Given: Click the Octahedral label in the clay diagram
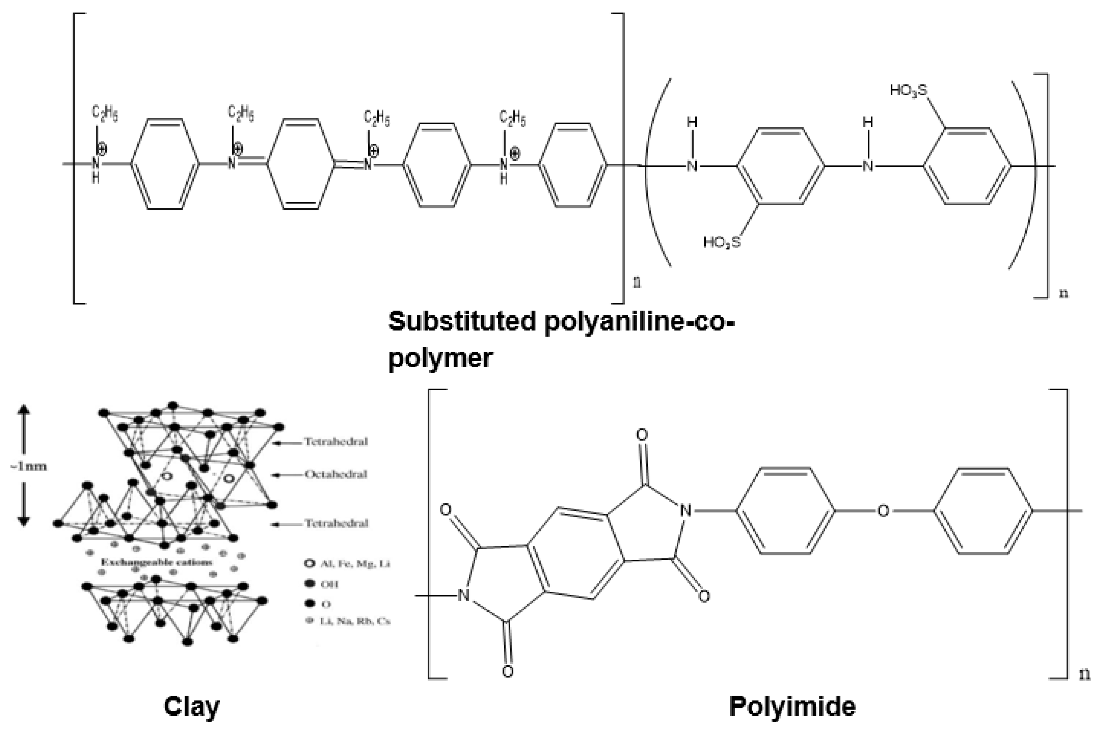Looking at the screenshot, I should pyautogui.click(x=336, y=474).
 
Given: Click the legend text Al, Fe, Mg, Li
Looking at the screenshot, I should pyautogui.click(x=355, y=563).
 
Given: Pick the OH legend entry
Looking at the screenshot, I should pyautogui.click(x=329, y=584).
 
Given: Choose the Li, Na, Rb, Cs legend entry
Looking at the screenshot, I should pyautogui.click(x=355, y=621).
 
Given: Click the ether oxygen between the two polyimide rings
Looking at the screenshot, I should pyautogui.click(x=883, y=511).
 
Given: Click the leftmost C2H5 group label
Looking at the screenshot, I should pyautogui.click(x=105, y=114).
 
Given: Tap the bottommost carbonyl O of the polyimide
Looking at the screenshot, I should pyautogui.click(x=508, y=671).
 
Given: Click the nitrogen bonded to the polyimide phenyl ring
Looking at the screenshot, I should pyautogui.click(x=685, y=511).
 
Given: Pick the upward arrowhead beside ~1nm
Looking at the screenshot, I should pyautogui.click(x=24, y=409).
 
